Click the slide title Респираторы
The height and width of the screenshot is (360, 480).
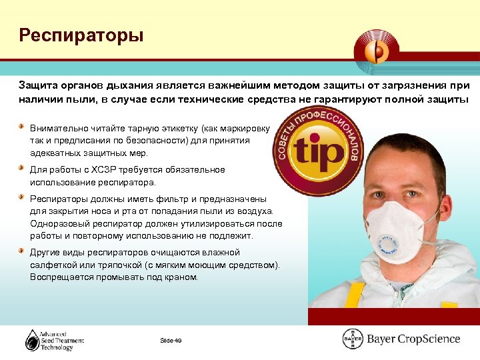[x=81, y=35]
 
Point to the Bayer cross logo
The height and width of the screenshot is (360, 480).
[x=352, y=339]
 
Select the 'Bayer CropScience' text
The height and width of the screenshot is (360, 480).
[x=413, y=339]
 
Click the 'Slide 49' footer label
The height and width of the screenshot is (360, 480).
[x=171, y=341]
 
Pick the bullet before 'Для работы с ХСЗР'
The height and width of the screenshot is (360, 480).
[x=23, y=169]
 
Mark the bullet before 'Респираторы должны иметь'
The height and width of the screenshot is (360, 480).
[x=23, y=198]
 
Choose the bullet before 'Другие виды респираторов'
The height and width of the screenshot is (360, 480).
[x=23, y=252]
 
